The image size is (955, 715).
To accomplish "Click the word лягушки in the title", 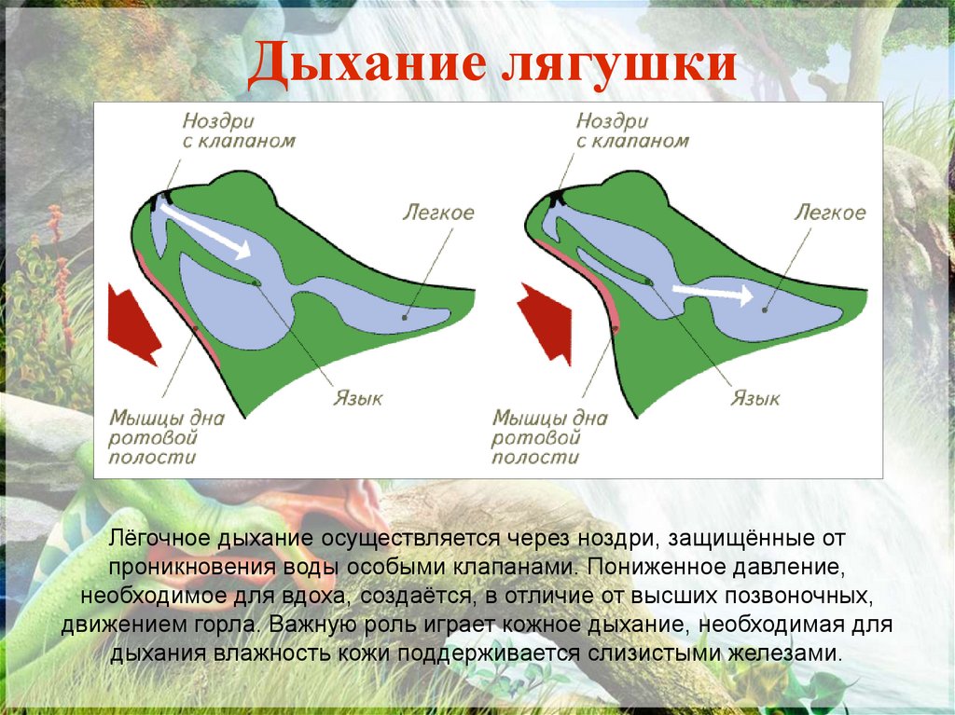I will (620, 68).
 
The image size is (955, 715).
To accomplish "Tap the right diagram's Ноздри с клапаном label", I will (631, 131).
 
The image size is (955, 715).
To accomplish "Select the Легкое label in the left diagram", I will (438, 213).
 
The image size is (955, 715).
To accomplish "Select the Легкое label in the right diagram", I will (829, 213).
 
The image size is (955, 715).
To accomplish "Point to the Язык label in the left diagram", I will (358, 399).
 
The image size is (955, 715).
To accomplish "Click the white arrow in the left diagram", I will (205, 228).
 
